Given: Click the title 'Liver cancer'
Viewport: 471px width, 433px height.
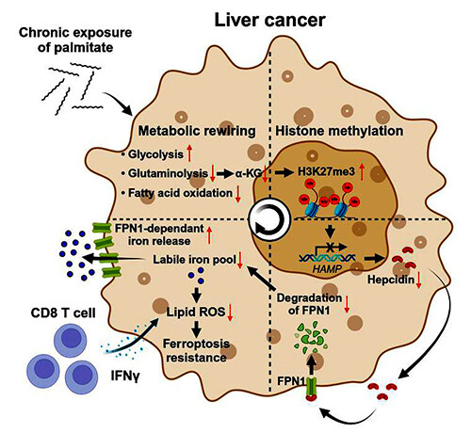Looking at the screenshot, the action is pos(269,20).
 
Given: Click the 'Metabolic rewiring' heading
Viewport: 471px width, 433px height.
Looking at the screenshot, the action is pos(197,131).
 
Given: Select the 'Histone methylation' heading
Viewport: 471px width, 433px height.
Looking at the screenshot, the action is pos(339,131).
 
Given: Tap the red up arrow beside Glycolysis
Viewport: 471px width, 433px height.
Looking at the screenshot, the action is pos(189,153).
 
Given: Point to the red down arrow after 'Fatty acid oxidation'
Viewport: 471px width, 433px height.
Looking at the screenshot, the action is pos(238,194).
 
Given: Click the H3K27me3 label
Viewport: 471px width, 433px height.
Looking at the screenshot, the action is pos(326,171).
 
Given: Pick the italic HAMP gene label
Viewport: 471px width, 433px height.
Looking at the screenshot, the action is pos(327,268).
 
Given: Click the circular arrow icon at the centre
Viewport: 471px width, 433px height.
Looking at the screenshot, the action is pos(268,217).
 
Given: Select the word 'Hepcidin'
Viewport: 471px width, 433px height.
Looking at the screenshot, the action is pos(391,279).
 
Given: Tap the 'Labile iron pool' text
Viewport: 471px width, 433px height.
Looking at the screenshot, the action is pos(194,259).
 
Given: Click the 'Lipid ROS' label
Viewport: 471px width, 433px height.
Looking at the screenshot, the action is pos(196,312).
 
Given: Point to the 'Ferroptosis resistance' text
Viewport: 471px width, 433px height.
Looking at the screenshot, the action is pos(196,350).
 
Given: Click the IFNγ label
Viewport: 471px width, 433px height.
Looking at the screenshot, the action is pos(124,376).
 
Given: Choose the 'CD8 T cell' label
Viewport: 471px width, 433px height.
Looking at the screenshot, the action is pos(63,313).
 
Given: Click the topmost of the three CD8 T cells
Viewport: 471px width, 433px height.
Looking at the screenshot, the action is pos(71,339).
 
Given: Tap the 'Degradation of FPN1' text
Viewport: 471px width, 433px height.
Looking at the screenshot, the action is pos(309,304).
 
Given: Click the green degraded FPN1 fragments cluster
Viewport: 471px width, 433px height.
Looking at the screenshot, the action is pos(311,336).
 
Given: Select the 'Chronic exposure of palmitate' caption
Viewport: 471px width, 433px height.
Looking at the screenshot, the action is pos(75,40).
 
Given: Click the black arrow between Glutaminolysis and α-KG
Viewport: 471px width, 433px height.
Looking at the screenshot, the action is pos(225,173).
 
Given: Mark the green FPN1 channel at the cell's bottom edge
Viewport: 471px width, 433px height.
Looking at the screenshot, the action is pos(311,389).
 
